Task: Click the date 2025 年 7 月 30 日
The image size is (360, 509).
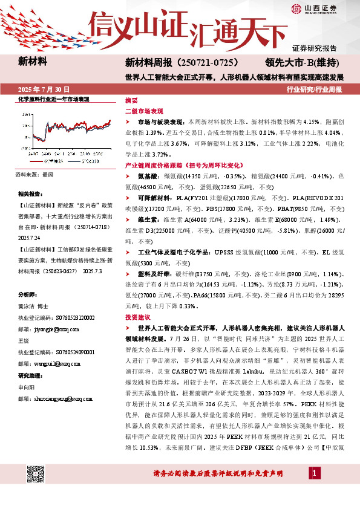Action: point(44,89)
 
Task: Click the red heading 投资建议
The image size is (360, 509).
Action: point(137,317)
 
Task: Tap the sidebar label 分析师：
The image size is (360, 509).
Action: point(28,294)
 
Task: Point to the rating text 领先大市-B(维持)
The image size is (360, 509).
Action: point(301,62)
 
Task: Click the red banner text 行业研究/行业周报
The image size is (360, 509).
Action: point(314,89)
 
